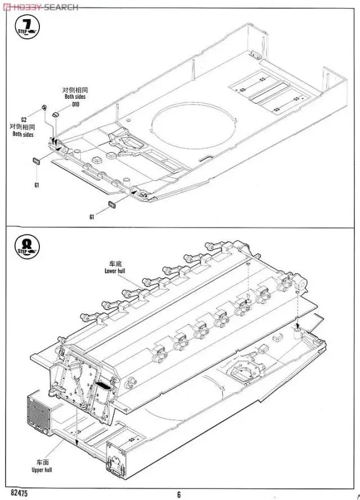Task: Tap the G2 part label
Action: pyautogui.click(x=24, y=119)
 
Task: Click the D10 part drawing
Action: pyautogui.click(x=55, y=114)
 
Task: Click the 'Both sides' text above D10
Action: pyautogui.click(x=76, y=97)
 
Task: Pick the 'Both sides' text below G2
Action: pyautogui.click(x=24, y=134)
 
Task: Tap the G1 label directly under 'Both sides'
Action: pyautogui.click(x=36, y=185)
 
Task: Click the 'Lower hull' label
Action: pyautogui.click(x=117, y=270)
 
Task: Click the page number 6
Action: pyautogui.click(x=179, y=494)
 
